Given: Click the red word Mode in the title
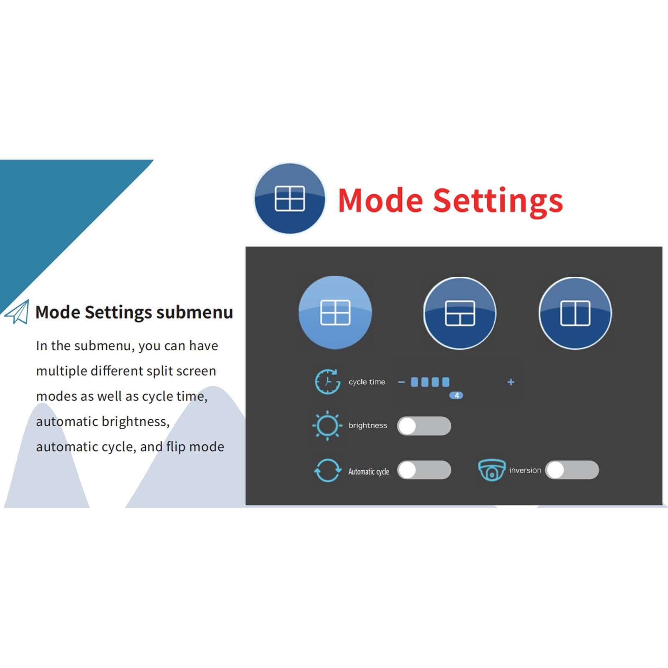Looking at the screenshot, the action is (380, 200).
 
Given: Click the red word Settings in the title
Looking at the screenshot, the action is (498, 202).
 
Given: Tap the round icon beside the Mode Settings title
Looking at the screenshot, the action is (290, 198).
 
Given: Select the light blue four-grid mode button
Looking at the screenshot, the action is (335, 312).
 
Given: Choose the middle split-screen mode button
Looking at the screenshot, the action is (460, 313).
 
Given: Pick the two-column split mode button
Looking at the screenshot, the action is (575, 313).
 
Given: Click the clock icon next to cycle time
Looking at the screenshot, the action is (327, 382).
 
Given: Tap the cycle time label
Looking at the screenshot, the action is (367, 382).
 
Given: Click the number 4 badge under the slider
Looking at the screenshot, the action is (456, 395).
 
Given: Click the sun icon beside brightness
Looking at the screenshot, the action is (327, 425).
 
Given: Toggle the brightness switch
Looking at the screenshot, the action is (424, 426).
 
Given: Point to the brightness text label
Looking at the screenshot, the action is (368, 426).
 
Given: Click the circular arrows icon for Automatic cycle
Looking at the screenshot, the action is (327, 470).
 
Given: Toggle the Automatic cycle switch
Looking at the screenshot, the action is (424, 470).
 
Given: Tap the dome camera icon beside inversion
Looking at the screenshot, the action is (492, 470).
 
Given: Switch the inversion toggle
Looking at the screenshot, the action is (572, 470).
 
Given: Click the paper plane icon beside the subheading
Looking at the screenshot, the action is (17, 312).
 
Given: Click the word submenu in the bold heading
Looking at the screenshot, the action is (195, 312).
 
